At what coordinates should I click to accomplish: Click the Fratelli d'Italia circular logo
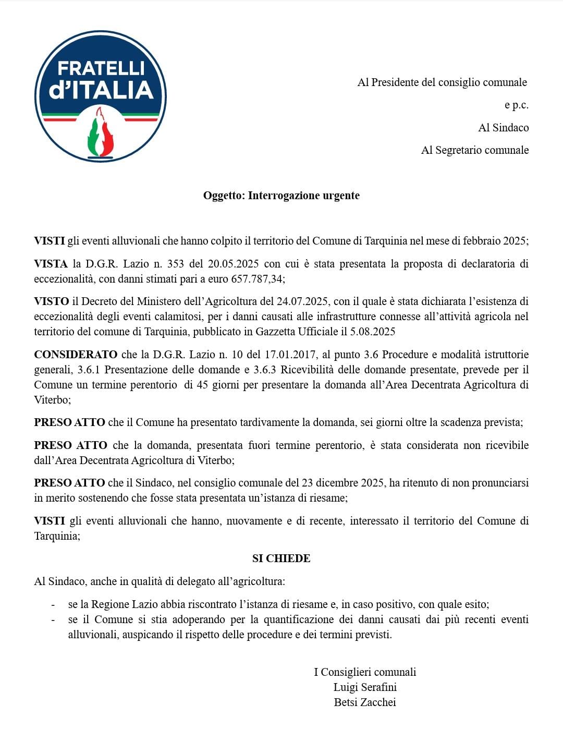click(x=101, y=96)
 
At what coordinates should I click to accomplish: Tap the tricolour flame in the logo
click(x=101, y=133)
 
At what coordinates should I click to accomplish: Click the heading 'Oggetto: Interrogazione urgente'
click(x=281, y=196)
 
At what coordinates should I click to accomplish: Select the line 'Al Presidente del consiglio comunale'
click(x=442, y=82)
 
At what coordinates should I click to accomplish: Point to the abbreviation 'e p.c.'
click(x=516, y=105)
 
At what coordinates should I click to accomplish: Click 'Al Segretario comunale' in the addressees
click(x=474, y=150)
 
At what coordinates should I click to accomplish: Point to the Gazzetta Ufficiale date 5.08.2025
click(x=372, y=332)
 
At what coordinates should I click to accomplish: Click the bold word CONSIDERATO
click(x=76, y=355)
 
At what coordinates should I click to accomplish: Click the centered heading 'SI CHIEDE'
click(x=281, y=558)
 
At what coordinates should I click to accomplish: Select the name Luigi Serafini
click(x=365, y=687)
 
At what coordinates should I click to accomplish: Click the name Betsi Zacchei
click(x=365, y=702)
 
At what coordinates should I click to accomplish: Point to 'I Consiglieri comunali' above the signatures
click(x=365, y=672)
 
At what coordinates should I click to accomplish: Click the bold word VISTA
click(x=51, y=264)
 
